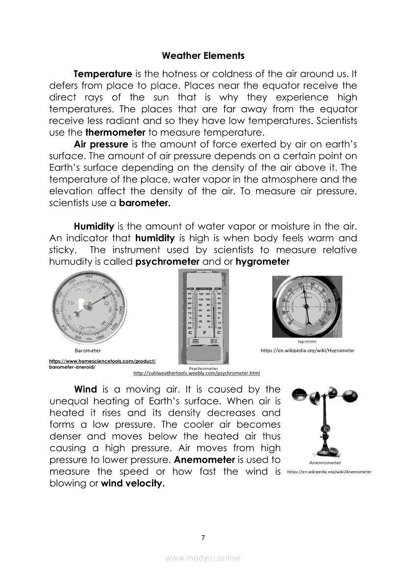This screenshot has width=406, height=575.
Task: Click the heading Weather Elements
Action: pyautogui.click(x=203, y=56)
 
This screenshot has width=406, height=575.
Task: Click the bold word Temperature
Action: pyautogui.click(x=103, y=74)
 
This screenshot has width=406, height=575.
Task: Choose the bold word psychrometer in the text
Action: pyautogui.click(x=167, y=262)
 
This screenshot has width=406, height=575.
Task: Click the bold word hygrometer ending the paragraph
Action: pyautogui.click(x=262, y=262)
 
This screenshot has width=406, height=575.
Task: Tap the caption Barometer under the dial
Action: pyautogui.click(x=87, y=351)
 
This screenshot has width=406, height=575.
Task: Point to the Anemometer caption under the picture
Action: pyautogui.click(x=325, y=462)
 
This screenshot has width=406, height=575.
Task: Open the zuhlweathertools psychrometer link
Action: pyautogui.click(x=197, y=373)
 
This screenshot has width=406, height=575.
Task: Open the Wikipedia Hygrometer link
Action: pyautogui.click(x=307, y=351)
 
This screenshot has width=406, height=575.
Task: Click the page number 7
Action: pyautogui.click(x=203, y=537)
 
